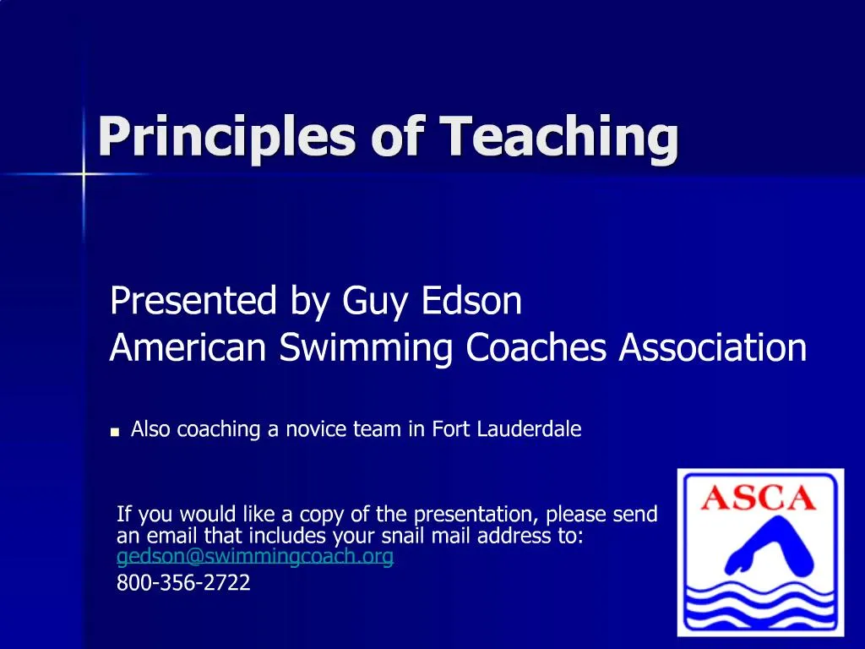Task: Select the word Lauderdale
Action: point(529,429)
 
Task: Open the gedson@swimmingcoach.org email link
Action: point(254,558)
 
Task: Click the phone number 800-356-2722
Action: point(183,582)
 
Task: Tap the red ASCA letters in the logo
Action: point(759,497)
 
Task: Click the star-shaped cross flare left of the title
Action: point(84,174)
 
